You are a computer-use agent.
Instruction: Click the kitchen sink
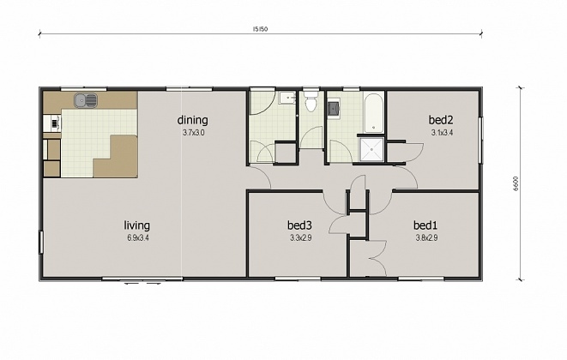[86, 101]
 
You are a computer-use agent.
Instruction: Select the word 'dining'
[193, 120]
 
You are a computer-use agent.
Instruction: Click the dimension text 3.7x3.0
[193, 133]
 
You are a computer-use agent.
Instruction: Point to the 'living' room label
[137, 226]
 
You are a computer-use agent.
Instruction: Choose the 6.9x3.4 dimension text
[137, 238]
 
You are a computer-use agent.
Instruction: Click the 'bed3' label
[299, 226]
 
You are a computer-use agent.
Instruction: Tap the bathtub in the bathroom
[371, 111]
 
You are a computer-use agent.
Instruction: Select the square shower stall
[371, 149]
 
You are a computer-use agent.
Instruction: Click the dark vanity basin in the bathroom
[334, 107]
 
